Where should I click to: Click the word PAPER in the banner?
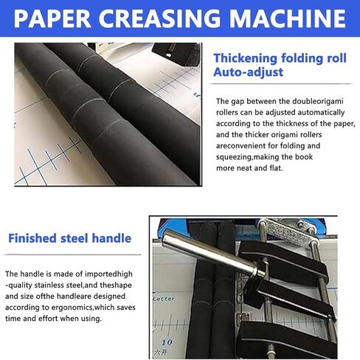pyautogui.click(x=52, y=18)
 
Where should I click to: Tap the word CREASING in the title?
pyautogui.click(x=159, y=18)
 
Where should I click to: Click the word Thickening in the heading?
pyautogui.click(x=245, y=58)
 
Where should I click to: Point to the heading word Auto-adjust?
pyautogui.click(x=249, y=72)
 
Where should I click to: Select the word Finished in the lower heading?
pyautogui.click(x=32, y=238)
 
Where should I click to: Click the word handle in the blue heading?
pyautogui.click(x=111, y=238)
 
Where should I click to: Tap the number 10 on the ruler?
pyautogui.click(x=167, y=342)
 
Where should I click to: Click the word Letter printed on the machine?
pyautogui.click(x=164, y=299)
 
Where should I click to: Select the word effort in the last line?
pyautogui.click(x=48, y=319)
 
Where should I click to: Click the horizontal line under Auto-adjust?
pyautogui.click(x=281, y=84)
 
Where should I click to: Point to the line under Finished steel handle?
pyautogui.click(x=72, y=255)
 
